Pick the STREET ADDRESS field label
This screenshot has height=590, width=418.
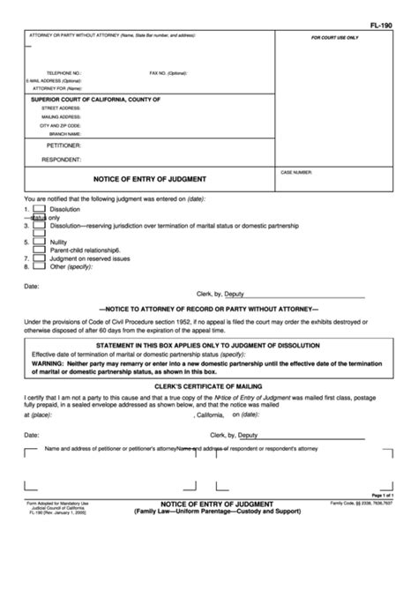62,108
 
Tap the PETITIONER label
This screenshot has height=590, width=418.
64,144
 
